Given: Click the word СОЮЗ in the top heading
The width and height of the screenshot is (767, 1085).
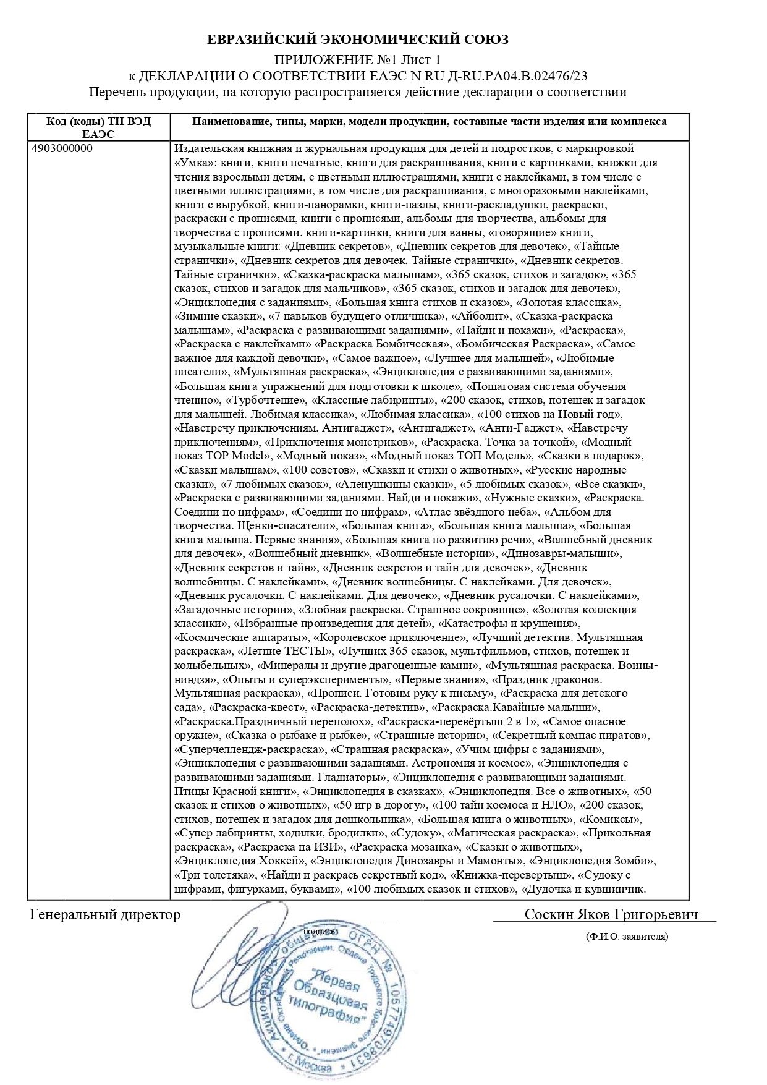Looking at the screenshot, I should pos(485,40).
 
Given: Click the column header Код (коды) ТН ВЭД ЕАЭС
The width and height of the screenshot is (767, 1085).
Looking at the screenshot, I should pos(98,127).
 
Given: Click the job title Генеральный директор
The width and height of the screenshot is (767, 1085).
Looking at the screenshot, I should pos(105,915).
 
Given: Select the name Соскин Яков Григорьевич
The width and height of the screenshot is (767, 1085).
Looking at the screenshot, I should pos(611,915).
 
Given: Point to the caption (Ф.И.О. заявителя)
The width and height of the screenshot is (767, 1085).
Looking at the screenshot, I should pos(627,937).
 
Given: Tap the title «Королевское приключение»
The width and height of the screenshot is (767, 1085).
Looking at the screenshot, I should pos(389,637).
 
